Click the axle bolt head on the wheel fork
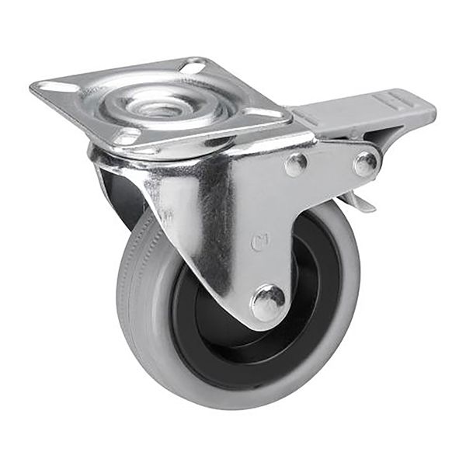coord(268,301)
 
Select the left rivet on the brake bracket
coord(295,163)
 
